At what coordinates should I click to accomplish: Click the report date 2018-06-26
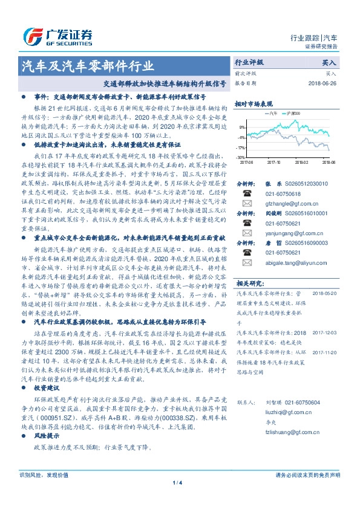pos(321,83)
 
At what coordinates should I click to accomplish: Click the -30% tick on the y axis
pos(241,157)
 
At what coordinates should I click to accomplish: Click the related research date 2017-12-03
pos(327,332)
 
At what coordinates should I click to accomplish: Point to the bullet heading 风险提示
pos(48,436)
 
